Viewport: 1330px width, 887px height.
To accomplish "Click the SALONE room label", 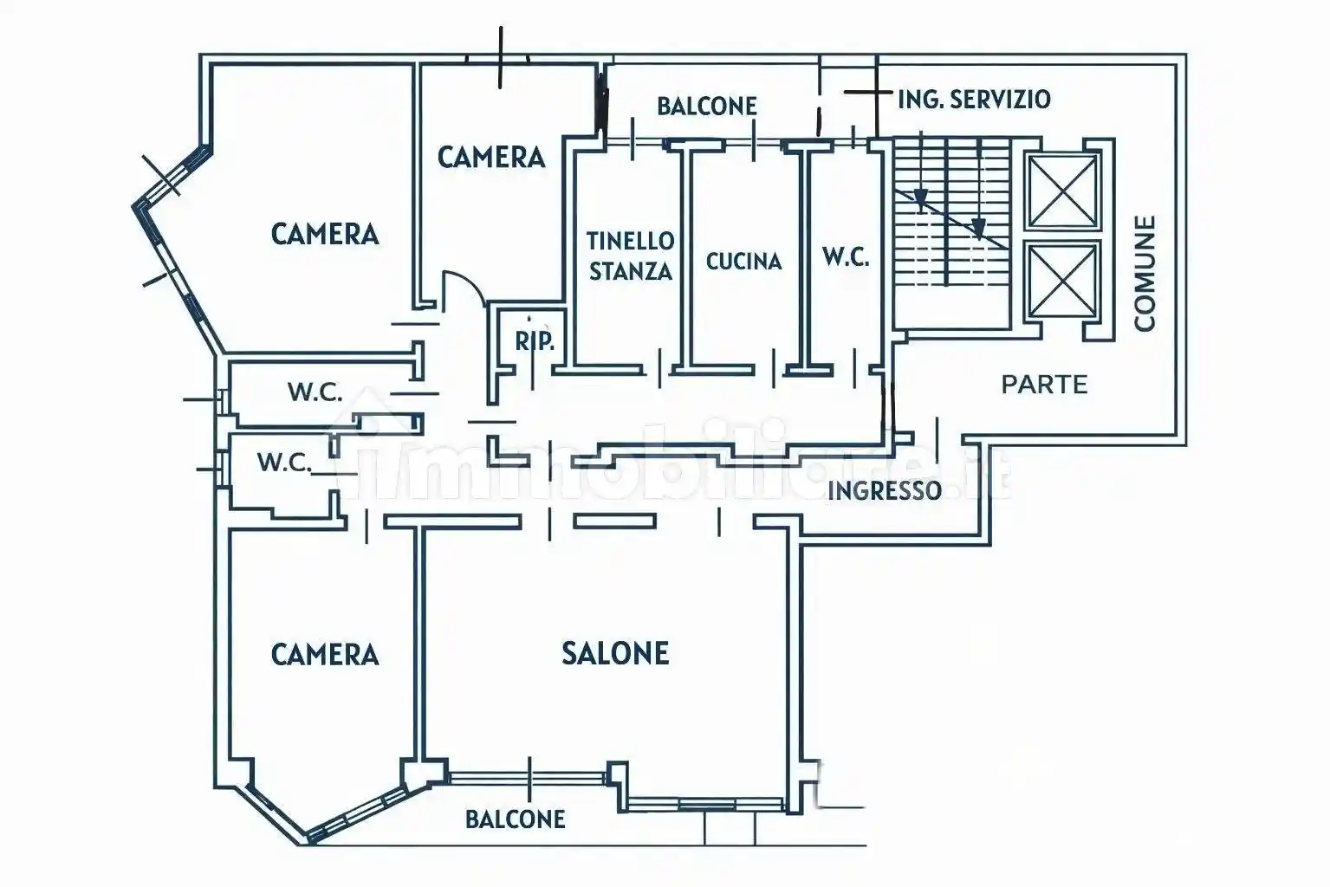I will (615, 653).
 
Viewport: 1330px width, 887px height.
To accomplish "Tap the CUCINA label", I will (743, 261).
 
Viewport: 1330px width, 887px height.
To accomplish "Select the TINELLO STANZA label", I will (630, 256).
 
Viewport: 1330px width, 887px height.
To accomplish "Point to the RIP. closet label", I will (535, 341).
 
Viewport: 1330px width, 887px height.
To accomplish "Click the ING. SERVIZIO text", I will (974, 100).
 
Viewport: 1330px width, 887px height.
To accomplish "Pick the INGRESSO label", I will (884, 491).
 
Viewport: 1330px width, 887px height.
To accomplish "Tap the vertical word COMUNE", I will (1145, 274).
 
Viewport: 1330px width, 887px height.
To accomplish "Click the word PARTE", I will (1044, 385).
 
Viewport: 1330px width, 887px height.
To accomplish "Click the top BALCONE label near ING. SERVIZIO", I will (706, 106).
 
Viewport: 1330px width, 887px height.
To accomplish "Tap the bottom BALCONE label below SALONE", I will (515, 819).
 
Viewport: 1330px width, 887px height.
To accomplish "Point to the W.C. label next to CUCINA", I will (845, 257).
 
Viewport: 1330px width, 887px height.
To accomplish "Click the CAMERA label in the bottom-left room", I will (325, 654).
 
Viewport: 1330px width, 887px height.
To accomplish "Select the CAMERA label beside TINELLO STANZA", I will (490, 157).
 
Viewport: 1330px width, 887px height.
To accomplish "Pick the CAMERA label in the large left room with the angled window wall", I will (325, 234).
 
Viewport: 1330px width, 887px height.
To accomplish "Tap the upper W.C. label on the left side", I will (315, 392).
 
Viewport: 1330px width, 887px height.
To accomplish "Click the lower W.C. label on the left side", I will (283, 463).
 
